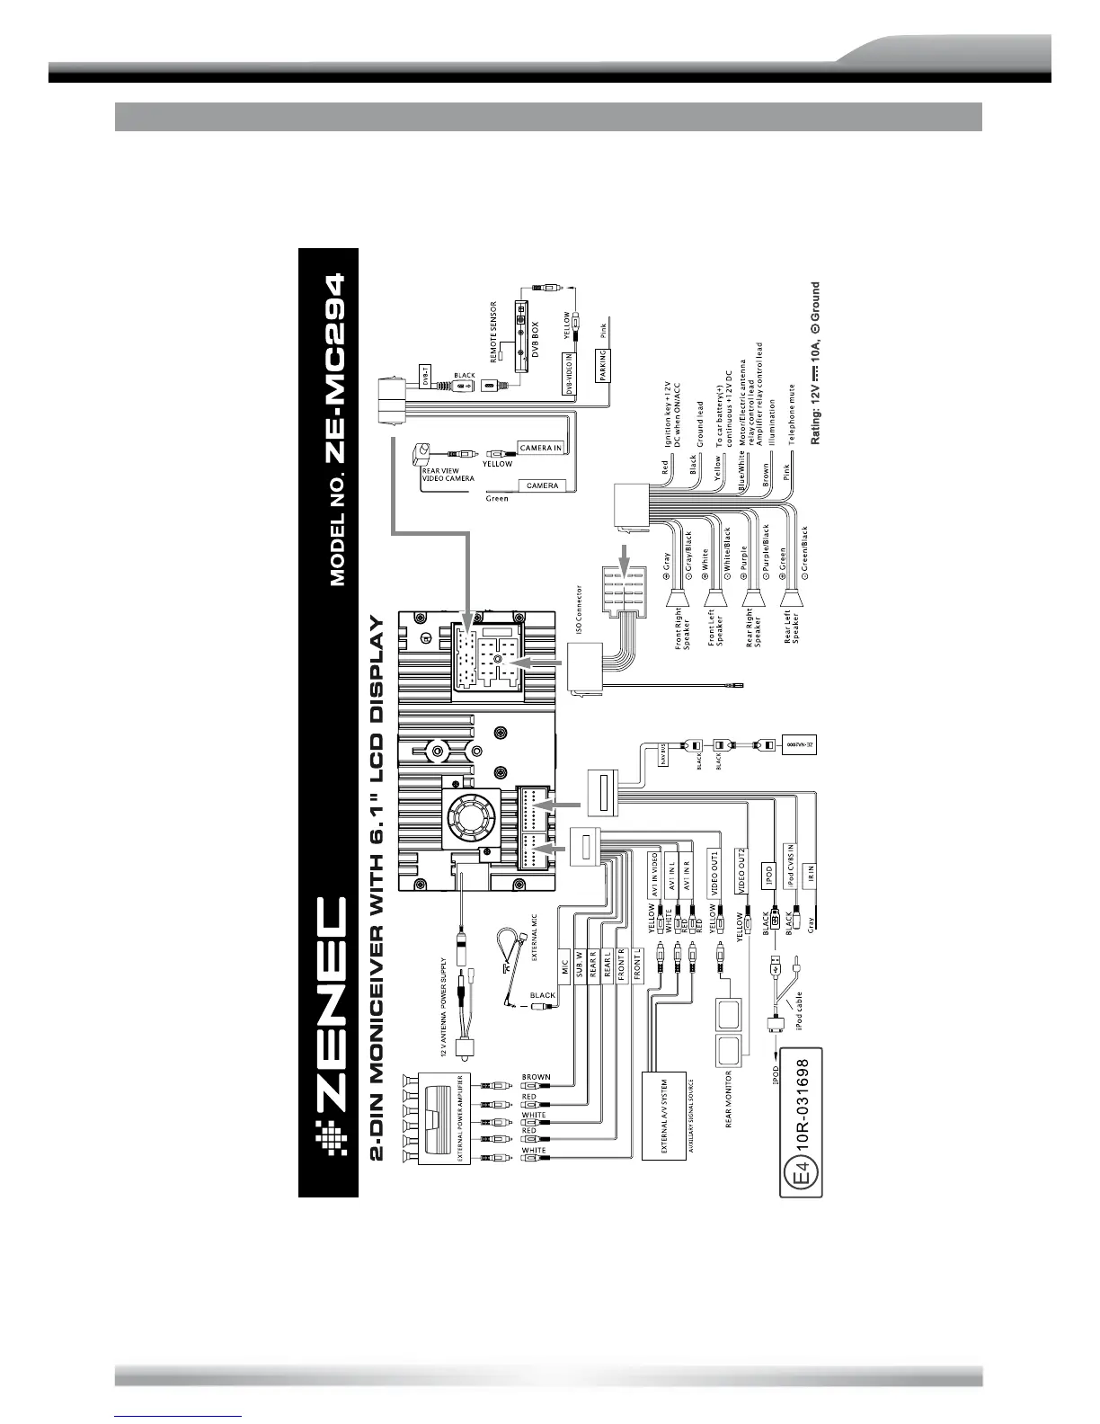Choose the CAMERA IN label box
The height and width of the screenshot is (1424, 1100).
click(541, 447)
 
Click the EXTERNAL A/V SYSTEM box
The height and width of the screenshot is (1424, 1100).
click(664, 1116)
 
